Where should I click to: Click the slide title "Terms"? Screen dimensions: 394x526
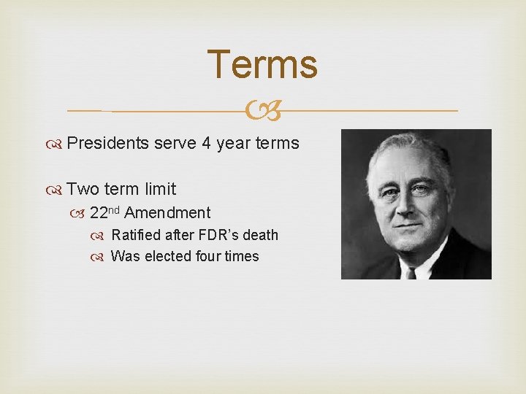[x=262, y=64]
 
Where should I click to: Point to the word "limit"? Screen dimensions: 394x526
[x=160, y=189]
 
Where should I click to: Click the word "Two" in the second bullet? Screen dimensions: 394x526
[x=83, y=189]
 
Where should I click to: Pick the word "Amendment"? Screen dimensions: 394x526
[x=167, y=213]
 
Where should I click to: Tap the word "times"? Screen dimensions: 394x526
[x=242, y=256]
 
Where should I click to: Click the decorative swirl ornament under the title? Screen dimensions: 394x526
[x=262, y=111]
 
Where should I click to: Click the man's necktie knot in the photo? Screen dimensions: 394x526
[x=411, y=273]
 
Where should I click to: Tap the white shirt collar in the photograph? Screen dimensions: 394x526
[x=431, y=263]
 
